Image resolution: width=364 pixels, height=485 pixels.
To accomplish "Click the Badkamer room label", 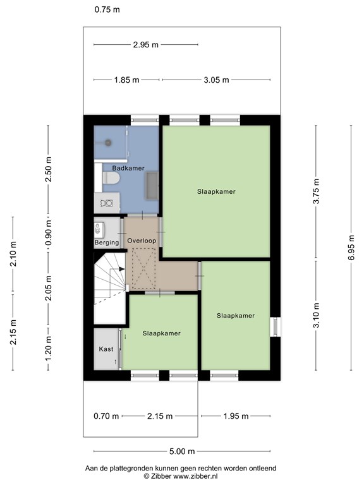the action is tap(128, 168).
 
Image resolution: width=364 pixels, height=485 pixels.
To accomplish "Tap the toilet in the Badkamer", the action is tap(111, 178).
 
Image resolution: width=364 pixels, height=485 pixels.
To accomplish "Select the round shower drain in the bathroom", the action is tap(108, 143).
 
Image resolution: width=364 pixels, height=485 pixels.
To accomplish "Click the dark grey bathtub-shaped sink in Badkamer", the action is tap(152, 186).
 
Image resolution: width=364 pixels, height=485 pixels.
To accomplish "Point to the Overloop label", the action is tap(142, 241).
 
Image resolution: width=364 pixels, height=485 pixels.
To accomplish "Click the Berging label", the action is tap(107, 242).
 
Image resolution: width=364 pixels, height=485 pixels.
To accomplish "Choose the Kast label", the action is tap(106, 349).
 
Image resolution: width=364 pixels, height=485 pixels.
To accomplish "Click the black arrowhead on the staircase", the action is tap(122, 269).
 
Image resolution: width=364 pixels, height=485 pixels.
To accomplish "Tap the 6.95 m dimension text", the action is tap(351, 248).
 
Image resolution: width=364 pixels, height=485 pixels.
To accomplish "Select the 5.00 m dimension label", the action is tap(182, 452).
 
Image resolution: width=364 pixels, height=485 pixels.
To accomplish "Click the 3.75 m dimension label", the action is tap(316, 191).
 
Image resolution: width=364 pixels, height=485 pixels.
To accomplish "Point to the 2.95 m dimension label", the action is tap(146, 45).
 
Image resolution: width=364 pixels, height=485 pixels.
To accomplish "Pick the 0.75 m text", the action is tap(107, 9).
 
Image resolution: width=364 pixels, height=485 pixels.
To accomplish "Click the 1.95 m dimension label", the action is tap(236, 416).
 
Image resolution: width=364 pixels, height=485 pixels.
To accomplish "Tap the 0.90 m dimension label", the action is tap(48, 233).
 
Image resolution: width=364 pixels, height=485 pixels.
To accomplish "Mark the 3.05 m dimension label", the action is tap(216, 80).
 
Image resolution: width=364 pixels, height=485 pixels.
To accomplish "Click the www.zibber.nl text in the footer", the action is tap(195, 476).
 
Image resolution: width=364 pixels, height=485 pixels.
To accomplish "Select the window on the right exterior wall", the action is tap(275, 326).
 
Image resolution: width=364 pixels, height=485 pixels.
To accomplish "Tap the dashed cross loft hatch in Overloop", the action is tap(143, 268).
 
